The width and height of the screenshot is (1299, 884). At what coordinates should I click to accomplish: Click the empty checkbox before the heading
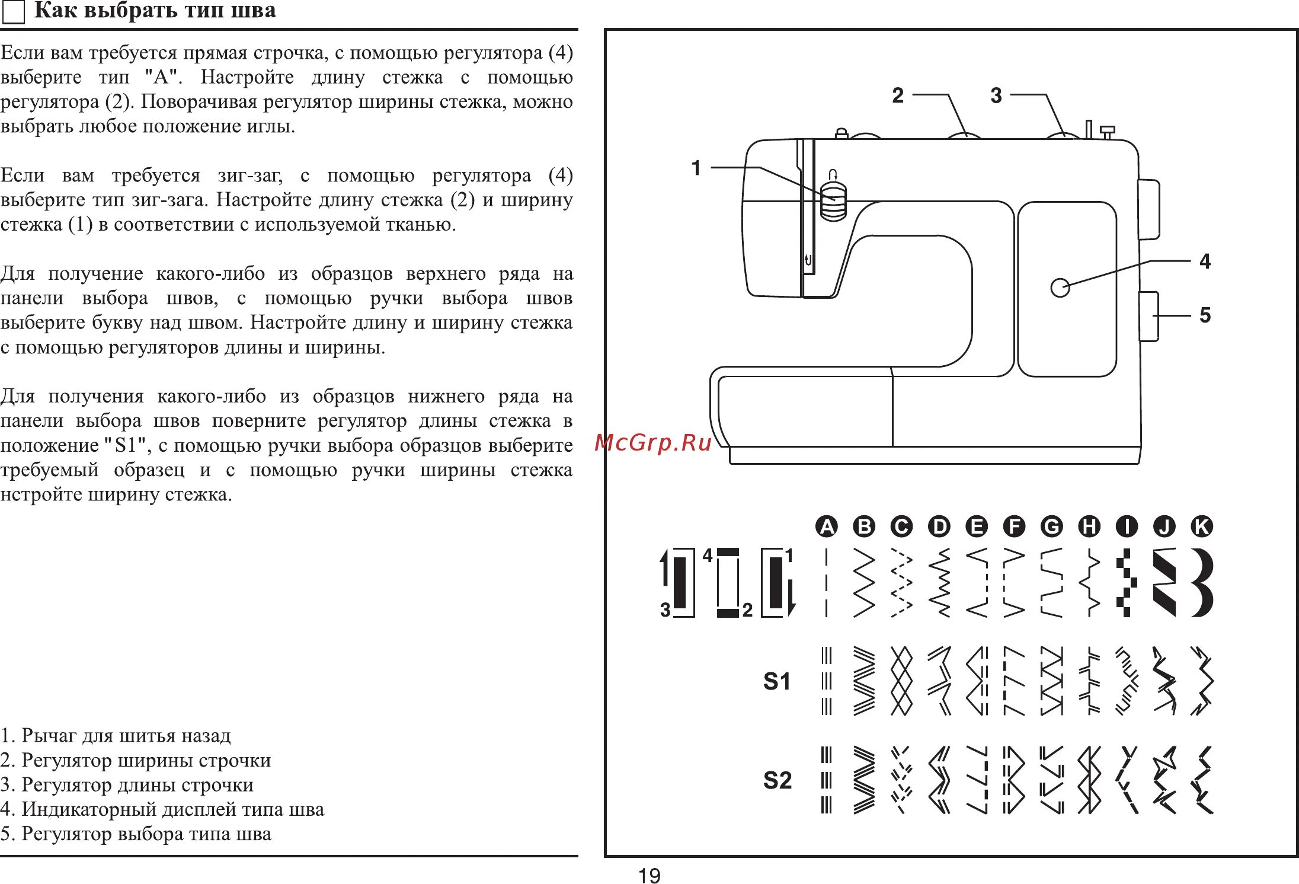click(x=14, y=12)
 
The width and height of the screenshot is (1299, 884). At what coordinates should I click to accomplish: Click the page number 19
click(x=649, y=875)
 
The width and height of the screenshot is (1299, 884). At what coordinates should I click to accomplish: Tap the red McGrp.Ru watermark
click(x=652, y=442)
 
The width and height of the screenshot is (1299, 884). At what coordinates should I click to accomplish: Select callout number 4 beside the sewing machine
click(x=1205, y=261)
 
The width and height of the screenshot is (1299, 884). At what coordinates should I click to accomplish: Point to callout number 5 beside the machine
click(x=1205, y=315)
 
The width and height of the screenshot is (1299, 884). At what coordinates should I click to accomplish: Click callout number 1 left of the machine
click(x=696, y=168)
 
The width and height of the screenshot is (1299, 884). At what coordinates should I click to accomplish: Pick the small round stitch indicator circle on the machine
click(x=1060, y=288)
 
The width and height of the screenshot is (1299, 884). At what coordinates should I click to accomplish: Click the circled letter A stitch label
click(x=826, y=526)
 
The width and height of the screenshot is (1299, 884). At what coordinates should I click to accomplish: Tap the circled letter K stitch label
click(x=1201, y=526)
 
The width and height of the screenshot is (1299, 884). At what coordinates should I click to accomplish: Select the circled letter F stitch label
click(x=1014, y=526)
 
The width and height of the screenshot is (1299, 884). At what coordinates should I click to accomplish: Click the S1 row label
click(x=776, y=681)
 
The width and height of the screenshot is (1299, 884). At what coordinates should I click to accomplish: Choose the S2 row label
click(x=777, y=780)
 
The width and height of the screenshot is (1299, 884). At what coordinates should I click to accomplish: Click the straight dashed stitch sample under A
click(x=826, y=583)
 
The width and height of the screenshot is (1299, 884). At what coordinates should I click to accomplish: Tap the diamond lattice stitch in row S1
click(x=901, y=681)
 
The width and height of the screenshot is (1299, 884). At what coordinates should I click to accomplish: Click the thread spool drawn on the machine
click(x=833, y=202)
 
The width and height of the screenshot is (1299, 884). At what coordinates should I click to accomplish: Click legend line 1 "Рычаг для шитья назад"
click(x=116, y=736)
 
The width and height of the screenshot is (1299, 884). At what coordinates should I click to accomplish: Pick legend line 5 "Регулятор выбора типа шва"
click(x=136, y=834)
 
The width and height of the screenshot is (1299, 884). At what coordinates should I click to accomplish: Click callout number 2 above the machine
click(x=898, y=95)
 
